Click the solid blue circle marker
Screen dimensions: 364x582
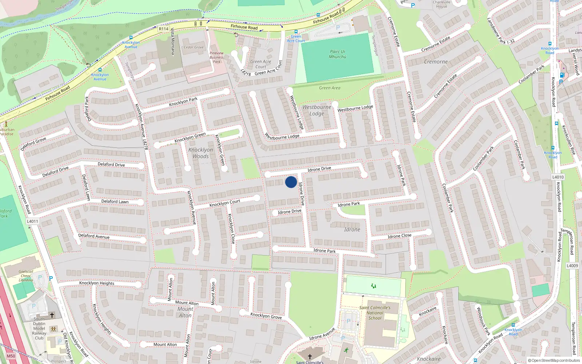coord(291,182)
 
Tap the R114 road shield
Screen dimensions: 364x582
coord(164,29)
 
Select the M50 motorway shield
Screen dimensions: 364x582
coord(11,356)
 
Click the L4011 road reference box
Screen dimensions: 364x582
coord(32,221)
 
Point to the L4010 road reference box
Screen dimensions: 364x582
coord(558,177)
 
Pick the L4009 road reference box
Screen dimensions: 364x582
coord(572,266)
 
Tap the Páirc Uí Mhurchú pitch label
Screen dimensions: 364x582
coord(338,54)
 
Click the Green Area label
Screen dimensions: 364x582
coord(330,88)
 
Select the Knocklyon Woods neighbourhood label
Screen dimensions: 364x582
coord(201,153)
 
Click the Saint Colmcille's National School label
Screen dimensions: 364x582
coord(375,313)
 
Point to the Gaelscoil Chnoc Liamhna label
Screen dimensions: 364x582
coord(26,276)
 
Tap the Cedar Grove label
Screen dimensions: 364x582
coord(194,47)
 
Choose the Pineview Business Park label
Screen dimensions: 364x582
coord(216,58)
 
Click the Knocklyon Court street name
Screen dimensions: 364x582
coord(225,203)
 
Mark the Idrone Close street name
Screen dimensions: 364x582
coord(399,236)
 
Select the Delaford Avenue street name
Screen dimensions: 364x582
coord(94,236)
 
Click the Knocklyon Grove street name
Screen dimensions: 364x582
coord(266,316)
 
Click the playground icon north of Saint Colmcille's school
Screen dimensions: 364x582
coord(373,286)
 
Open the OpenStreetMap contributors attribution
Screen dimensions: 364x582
coord(554,361)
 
